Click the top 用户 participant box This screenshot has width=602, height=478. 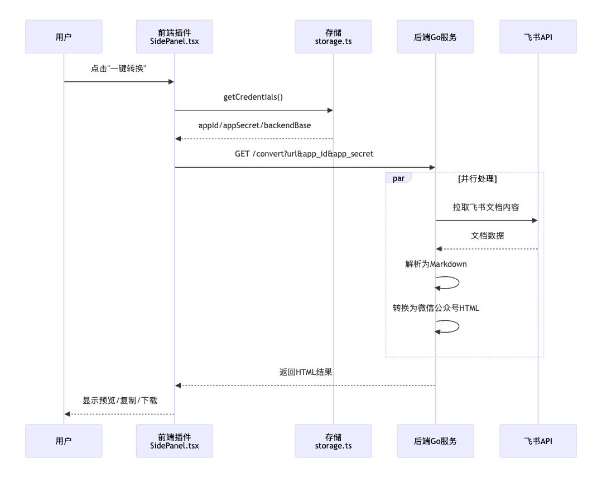pos(64,37)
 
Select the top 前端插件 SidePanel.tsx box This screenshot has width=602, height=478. pos(175,37)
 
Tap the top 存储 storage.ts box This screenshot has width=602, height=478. pos(333,37)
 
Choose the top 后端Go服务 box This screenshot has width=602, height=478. pos(435,37)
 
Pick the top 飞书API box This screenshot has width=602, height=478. pos(538,37)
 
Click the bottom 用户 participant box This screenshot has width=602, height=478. pos(64,441)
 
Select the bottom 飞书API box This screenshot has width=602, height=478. pos(538,441)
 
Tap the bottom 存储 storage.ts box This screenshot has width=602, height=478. pos(333,441)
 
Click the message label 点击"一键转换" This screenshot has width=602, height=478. pos(119,69)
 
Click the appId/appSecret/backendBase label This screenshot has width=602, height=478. pos(254,125)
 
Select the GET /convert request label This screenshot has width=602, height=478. pos(304,154)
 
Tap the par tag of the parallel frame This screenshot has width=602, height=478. pos(398,178)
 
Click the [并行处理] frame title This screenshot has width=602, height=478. pos(477,179)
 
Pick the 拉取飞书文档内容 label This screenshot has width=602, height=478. pos(486,207)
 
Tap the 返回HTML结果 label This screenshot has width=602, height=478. pos(306,372)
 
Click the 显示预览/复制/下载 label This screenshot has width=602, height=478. pos(120,401)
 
